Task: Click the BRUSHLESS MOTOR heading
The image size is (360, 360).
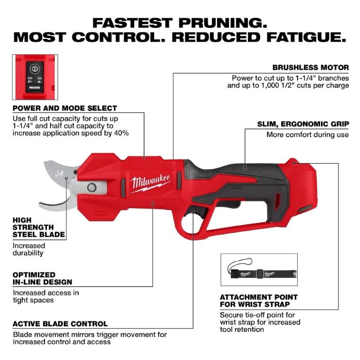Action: [310, 67]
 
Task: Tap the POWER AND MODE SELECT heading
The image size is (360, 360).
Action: [65, 108]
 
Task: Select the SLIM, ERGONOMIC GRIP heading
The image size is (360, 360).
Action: [303, 124]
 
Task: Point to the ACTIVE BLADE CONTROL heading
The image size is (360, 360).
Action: [60, 324]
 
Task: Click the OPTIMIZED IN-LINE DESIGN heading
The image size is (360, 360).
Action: [42, 278]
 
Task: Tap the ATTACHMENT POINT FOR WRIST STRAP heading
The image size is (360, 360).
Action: [259, 301]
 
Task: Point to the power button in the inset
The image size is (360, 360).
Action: [33, 68]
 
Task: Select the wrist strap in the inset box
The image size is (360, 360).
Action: [258, 272]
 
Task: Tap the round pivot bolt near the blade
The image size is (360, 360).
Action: [91, 187]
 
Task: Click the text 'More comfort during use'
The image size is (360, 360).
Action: [307, 135]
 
